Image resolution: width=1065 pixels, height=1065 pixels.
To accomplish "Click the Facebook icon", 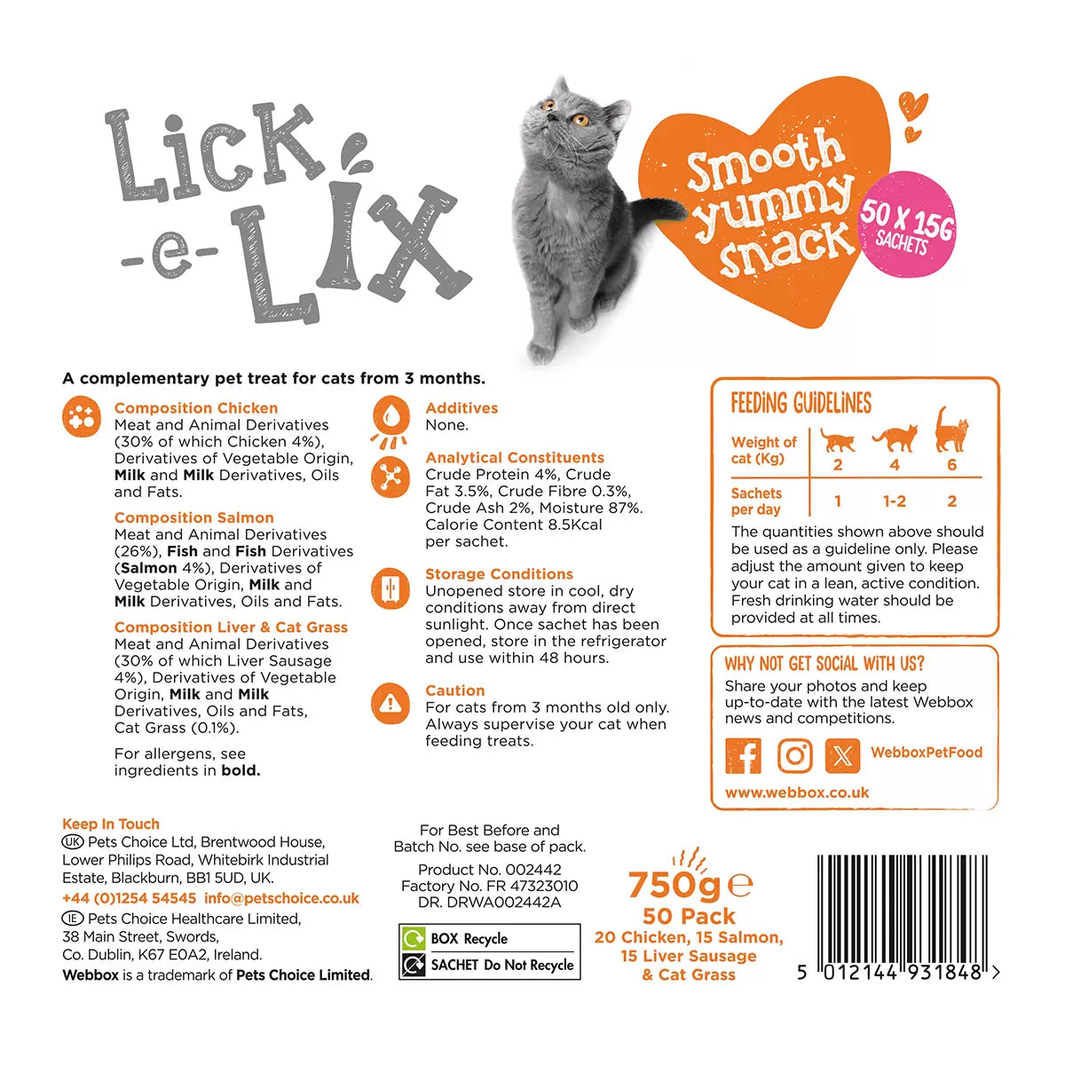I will [744, 755].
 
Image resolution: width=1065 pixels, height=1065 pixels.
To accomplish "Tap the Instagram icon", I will [794, 755].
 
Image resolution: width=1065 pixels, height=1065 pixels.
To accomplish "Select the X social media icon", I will [842, 755].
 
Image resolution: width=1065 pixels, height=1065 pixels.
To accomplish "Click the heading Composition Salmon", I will [193, 517].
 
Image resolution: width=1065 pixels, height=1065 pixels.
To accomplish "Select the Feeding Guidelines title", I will [801, 403].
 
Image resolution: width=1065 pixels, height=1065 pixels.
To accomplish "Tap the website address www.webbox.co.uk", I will [796, 793].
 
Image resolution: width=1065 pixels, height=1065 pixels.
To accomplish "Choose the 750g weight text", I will [674, 885].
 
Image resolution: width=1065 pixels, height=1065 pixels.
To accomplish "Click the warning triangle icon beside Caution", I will [389, 704].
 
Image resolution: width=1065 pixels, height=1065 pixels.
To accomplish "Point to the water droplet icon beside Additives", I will [390, 414].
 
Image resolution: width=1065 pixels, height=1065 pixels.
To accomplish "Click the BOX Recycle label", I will [469, 939].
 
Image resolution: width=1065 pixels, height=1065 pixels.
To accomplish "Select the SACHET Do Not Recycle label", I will [501, 965].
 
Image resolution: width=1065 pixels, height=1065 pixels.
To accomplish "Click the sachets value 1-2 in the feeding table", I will [894, 501].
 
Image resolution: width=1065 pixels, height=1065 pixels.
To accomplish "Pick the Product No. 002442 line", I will [489, 870].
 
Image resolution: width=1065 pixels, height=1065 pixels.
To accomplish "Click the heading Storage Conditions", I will [499, 574].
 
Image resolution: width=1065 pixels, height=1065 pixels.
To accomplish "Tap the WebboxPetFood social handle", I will [926, 753].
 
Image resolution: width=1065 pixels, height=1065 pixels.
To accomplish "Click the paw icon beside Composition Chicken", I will [81, 416].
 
